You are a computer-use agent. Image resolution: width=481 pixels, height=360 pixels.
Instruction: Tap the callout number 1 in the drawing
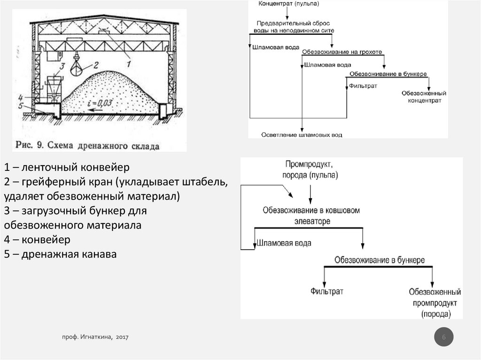(129, 60)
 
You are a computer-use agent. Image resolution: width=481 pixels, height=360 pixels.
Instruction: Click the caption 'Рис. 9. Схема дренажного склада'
(87, 145)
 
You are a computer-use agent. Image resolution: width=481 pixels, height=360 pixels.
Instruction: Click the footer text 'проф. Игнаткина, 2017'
(95, 337)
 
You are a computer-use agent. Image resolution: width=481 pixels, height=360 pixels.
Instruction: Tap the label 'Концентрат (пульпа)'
(289, 4)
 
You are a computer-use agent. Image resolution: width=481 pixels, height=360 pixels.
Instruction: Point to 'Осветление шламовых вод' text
(302, 135)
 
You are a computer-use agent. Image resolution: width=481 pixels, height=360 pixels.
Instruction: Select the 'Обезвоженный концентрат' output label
(424, 97)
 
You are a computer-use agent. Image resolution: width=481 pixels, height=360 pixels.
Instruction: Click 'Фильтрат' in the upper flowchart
(362, 86)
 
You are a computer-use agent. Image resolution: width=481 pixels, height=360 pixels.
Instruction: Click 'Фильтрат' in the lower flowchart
(326, 291)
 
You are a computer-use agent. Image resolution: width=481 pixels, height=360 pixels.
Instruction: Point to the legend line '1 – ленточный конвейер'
(67, 167)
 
